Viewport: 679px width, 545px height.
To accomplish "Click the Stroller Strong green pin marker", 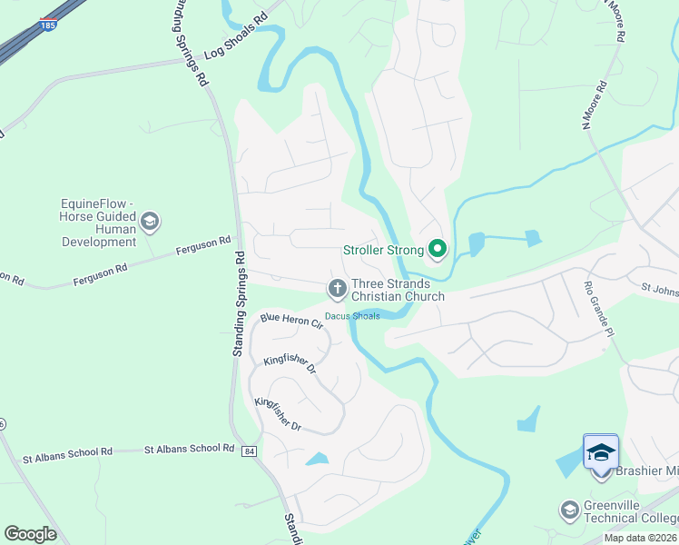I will coord(438,248).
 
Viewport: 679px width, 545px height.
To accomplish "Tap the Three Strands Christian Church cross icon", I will coord(337,289).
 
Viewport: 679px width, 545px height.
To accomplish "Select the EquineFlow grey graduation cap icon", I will coord(150,221).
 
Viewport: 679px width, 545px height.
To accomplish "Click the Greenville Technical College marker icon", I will coord(569,510).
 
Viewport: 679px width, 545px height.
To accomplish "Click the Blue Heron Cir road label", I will coord(291,321).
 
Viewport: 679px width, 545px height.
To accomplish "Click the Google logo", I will coord(31,534).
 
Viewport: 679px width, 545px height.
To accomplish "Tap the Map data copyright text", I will coord(639,538).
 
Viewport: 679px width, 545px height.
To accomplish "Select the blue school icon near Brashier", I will coord(600,451).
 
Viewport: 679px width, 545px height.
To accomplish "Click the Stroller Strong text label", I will coord(383,250).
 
